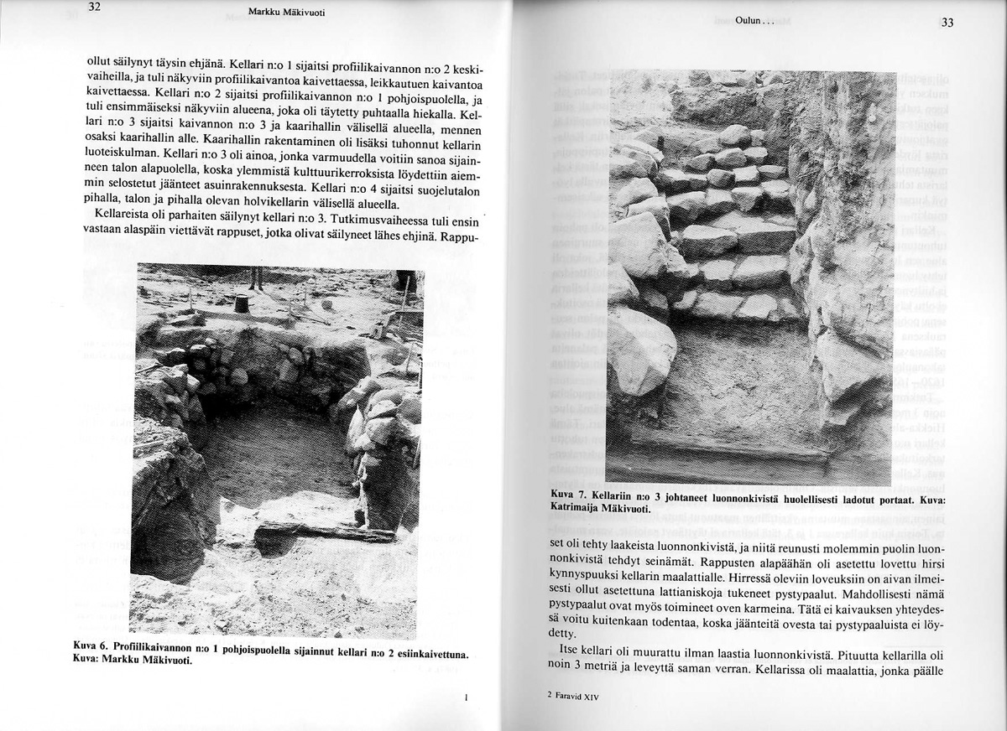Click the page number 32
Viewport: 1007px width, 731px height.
[94, 8]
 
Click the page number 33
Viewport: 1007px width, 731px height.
[947, 23]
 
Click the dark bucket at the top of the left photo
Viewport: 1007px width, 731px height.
[243, 303]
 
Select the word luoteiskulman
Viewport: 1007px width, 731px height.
[123, 154]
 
